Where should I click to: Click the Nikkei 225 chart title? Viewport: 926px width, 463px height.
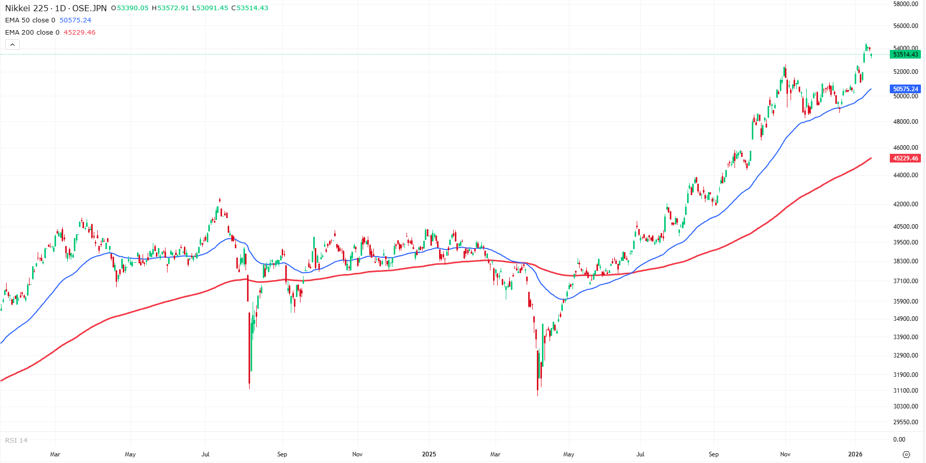(x=56, y=8)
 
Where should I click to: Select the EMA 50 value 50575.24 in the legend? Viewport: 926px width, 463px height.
(x=75, y=20)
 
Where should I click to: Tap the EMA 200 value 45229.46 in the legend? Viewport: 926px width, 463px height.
(x=79, y=33)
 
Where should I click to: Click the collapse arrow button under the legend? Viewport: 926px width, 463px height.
(x=12, y=45)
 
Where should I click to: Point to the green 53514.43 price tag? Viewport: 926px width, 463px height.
(x=906, y=55)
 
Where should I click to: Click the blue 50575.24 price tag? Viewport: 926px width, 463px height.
(x=906, y=89)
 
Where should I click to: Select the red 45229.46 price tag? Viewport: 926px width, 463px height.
(x=906, y=158)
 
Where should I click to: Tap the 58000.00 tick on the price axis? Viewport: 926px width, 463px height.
(x=906, y=4)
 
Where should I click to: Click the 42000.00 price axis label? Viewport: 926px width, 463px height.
(x=906, y=204)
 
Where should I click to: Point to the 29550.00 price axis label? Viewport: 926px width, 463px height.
(x=906, y=422)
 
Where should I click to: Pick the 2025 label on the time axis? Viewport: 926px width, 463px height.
(x=429, y=454)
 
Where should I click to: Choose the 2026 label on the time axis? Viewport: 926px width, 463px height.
(x=855, y=454)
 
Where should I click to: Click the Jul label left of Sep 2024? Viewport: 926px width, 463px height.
(x=205, y=454)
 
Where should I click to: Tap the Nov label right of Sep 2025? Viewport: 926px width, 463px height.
(x=785, y=454)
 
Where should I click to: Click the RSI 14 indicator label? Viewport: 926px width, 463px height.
(x=16, y=441)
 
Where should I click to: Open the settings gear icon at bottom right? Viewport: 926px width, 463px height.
(x=906, y=454)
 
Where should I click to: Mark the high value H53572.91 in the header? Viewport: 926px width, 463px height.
(x=170, y=8)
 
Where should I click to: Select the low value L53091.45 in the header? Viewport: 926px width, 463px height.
(x=210, y=8)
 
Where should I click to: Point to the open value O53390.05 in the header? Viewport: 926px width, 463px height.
(x=130, y=8)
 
